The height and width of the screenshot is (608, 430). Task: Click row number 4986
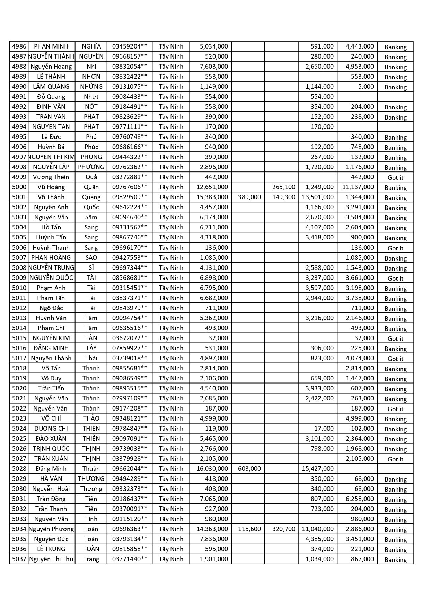point(19,46)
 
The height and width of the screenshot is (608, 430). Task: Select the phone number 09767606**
point(130,187)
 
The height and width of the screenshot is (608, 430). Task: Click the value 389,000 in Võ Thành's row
point(249,197)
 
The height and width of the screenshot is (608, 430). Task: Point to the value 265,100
point(283,187)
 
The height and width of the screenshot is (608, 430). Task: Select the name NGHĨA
point(91,46)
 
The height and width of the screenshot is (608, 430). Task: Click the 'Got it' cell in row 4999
point(395,178)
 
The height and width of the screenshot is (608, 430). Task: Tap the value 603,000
point(249,469)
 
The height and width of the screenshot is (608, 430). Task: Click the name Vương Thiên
point(51,177)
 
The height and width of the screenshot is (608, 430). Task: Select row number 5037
point(19,559)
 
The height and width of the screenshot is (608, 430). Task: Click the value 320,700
point(283,529)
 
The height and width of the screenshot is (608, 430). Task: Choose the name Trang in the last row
point(91,559)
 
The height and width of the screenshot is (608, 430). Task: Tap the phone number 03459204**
point(130,46)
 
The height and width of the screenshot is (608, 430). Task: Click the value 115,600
point(249,529)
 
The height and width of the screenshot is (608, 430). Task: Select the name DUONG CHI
point(51,429)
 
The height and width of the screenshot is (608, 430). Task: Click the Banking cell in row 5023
point(395,419)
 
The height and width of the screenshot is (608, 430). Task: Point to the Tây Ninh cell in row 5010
point(171,288)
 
